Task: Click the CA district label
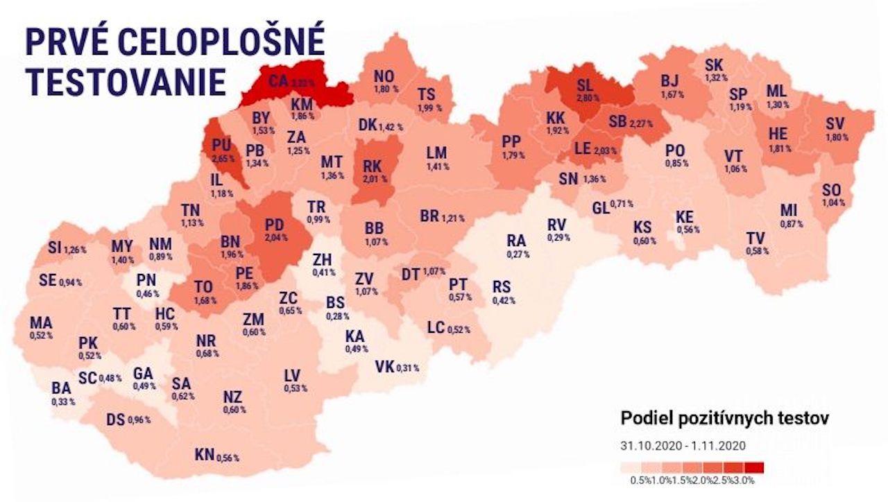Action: pos(278,82)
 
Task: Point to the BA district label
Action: pos(61,389)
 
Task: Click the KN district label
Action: pos(204,455)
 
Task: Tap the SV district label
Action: pos(835,124)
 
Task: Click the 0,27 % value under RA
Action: pos(518,254)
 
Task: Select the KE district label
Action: pos(684,217)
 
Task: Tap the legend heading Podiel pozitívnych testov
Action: pos(724,418)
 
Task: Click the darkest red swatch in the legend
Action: pos(755,467)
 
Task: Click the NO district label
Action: pos(384,77)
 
